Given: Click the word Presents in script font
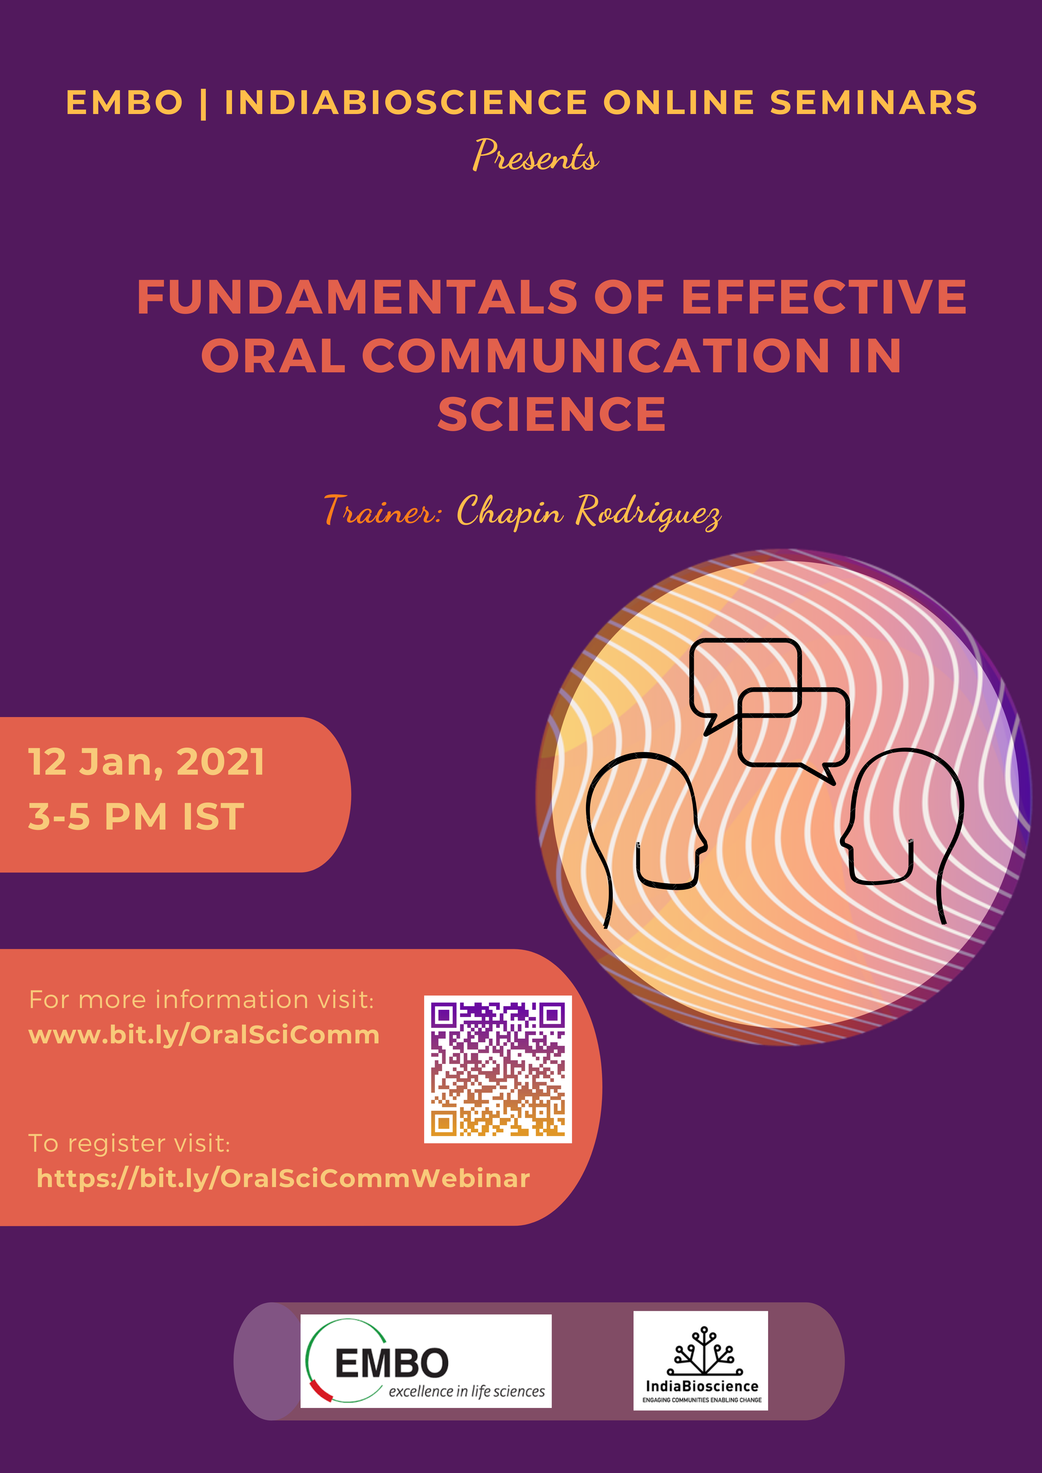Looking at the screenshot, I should pyautogui.click(x=536, y=156).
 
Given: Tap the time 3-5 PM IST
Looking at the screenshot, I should pyautogui.click(x=136, y=817).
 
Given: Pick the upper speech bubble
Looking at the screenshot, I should pyautogui.click(x=744, y=680).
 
